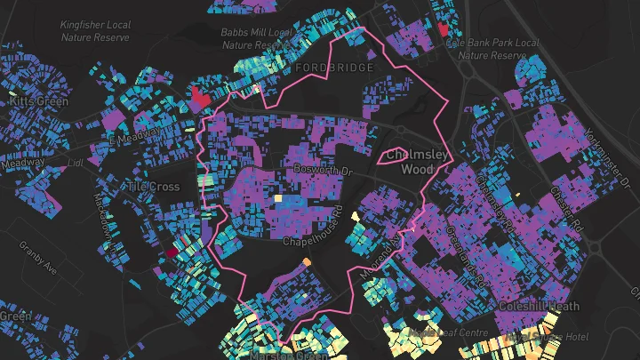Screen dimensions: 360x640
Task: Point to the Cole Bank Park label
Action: [492, 48]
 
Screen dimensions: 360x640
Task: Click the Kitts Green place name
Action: [38, 102]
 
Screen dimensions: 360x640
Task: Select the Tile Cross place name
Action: [152, 187]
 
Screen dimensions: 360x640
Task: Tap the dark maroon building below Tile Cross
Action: [169, 252]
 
